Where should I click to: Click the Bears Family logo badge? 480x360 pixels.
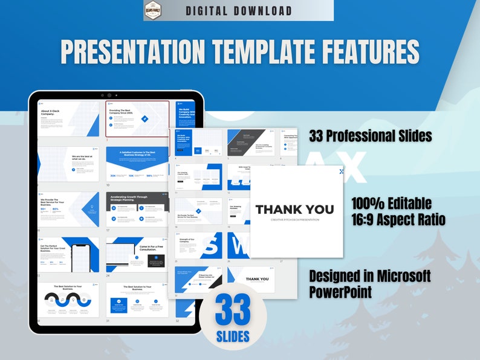(x=154, y=10)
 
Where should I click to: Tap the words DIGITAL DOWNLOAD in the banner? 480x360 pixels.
(x=238, y=11)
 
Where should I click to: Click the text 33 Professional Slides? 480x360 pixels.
(x=370, y=136)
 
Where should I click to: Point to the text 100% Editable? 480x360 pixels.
(x=391, y=202)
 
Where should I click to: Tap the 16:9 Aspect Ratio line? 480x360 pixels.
(x=398, y=219)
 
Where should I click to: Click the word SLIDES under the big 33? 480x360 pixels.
(x=233, y=335)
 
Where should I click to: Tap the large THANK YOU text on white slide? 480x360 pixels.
(x=294, y=210)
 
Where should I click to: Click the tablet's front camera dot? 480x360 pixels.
(x=109, y=95)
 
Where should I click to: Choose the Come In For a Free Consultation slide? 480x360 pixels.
(x=137, y=254)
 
